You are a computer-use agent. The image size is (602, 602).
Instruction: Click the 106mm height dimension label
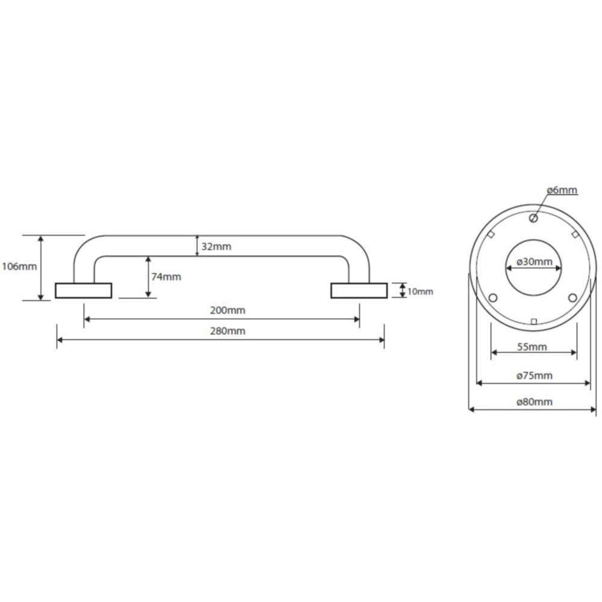click(x=19, y=266)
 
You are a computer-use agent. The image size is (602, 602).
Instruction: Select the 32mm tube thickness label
click(x=216, y=246)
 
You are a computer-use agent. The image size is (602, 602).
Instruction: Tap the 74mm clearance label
click(x=166, y=276)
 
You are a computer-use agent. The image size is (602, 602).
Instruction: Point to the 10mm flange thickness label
click(x=420, y=291)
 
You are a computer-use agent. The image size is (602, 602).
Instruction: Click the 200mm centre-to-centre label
click(x=228, y=310)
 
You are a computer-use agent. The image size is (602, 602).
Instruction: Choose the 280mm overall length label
click(x=228, y=331)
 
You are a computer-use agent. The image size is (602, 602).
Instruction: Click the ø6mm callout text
click(x=562, y=190)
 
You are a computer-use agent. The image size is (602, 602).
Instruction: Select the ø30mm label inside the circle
click(x=534, y=262)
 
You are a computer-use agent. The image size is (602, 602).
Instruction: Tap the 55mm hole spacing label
click(x=532, y=347)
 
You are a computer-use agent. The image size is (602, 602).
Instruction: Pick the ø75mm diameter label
click(x=534, y=376)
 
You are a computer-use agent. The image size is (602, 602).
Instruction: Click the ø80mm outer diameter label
click(x=534, y=402)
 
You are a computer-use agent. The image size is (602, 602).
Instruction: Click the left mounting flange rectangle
click(x=83, y=291)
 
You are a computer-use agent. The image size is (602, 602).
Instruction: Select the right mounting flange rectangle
click(x=359, y=291)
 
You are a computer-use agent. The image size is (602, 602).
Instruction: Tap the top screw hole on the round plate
click(x=533, y=219)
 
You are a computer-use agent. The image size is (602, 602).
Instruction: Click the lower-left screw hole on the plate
click(x=494, y=297)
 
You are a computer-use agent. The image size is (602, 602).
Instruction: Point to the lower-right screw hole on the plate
click(x=573, y=297)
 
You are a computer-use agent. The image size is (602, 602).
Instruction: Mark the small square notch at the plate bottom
click(x=533, y=321)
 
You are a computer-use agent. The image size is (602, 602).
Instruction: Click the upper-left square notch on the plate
click(x=491, y=234)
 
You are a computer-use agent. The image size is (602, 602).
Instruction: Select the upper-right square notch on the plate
click(x=575, y=234)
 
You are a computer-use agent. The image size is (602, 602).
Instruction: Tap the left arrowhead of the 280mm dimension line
click(x=60, y=340)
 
